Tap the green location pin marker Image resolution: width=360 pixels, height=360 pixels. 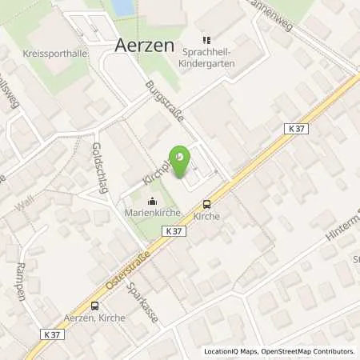tap(182, 158)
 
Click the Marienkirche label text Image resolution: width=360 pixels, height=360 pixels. tap(152, 213)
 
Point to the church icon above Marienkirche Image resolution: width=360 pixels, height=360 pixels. tap(152, 201)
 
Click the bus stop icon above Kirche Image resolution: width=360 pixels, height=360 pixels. tap(206, 204)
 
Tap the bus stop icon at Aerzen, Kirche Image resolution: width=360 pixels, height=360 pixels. tap(94, 305)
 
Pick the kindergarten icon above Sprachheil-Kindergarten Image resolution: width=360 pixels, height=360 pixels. tap(205, 40)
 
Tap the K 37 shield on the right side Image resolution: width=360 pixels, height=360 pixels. tap(295, 128)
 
